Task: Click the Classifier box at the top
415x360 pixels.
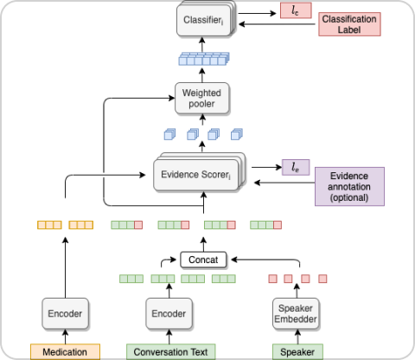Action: click(x=205, y=20)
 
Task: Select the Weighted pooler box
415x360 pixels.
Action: click(x=202, y=99)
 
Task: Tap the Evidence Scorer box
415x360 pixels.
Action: click(x=199, y=172)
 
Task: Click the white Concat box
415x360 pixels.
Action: click(x=203, y=260)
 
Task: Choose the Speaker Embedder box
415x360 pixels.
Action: click(x=296, y=313)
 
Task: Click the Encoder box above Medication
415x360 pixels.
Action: click(x=65, y=313)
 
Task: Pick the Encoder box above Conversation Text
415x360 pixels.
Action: click(x=169, y=313)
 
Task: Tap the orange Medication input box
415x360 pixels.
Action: click(x=65, y=351)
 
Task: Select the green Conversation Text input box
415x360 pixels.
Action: click(x=171, y=351)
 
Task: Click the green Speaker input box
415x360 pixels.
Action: click(x=297, y=351)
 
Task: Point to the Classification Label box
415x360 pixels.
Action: click(x=349, y=24)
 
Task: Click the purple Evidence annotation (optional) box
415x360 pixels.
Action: click(x=349, y=186)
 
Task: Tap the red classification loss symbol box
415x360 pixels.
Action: click(x=296, y=10)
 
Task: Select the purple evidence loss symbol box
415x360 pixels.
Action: click(x=296, y=167)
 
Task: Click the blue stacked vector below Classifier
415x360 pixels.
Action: click(x=204, y=59)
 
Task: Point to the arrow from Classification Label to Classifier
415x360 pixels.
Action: click(x=278, y=24)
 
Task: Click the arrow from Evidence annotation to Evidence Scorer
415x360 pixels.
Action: click(x=284, y=183)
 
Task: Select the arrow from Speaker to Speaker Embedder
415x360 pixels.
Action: click(x=297, y=337)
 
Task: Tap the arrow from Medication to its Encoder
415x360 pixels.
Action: click(x=66, y=337)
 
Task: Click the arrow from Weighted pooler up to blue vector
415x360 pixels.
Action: click(x=202, y=75)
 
